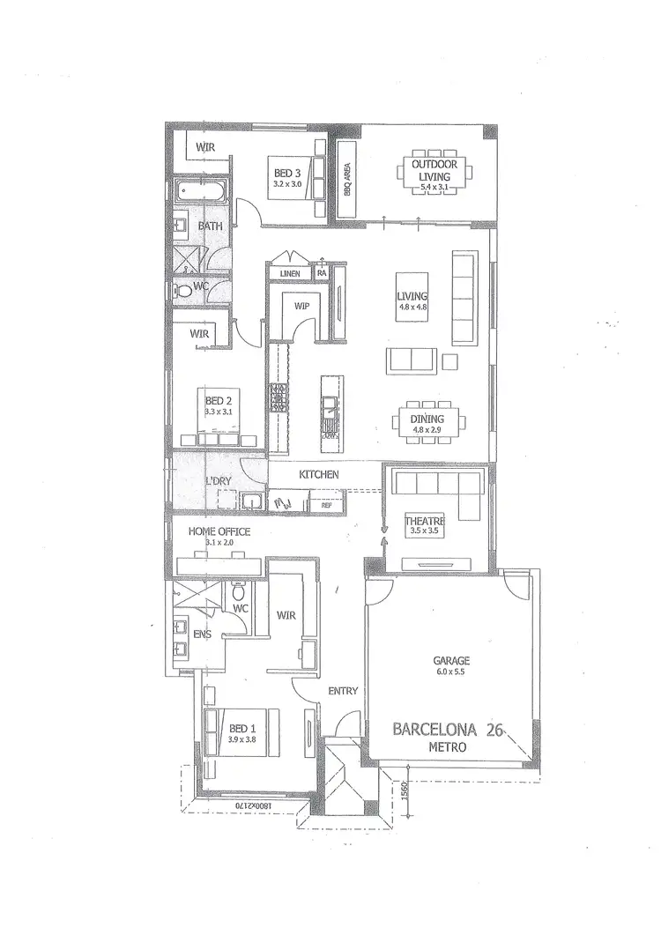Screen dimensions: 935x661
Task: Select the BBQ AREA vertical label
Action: (348, 178)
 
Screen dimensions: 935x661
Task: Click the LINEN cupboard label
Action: (290, 274)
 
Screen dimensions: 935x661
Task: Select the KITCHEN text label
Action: (318, 475)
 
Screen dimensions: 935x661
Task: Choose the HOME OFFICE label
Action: (219, 531)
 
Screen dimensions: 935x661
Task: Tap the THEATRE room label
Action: (422, 521)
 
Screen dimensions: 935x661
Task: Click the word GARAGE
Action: (450, 660)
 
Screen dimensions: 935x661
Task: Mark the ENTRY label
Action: (343, 691)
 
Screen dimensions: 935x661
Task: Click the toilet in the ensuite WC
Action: (236, 587)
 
